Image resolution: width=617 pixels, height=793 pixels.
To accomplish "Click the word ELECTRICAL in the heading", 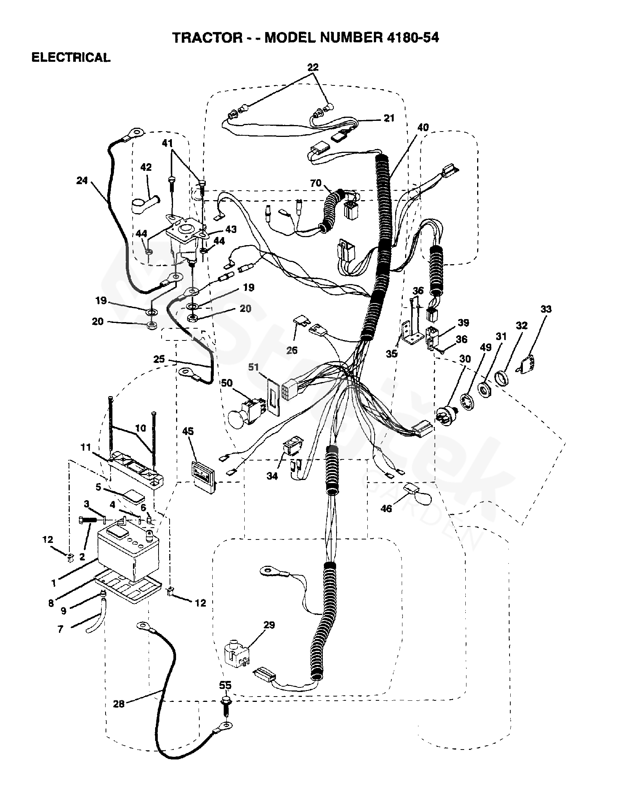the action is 71,58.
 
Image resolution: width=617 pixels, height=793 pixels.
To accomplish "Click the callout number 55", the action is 225,685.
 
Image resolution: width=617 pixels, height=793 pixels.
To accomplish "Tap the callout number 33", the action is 546,309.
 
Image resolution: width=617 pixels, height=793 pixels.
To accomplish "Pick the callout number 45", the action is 188,431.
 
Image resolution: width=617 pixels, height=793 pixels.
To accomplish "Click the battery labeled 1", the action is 128,550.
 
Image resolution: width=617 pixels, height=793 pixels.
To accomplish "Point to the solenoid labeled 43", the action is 185,238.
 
